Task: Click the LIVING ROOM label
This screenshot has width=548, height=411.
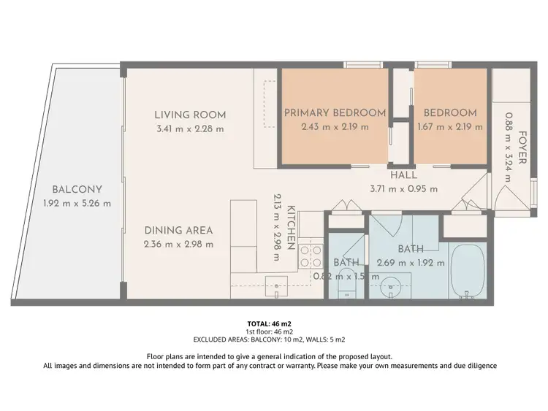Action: [190, 115]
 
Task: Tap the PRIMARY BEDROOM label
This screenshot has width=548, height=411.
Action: [335, 112]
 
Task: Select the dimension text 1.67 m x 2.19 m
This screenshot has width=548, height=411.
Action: [450, 126]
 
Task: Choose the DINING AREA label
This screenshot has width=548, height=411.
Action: [178, 230]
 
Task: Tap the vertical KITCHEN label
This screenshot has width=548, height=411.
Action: [290, 227]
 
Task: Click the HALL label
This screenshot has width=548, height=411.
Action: [403, 175]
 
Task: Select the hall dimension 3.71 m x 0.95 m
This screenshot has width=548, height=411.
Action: [403, 188]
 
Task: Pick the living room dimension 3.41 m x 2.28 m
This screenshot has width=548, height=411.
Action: [190, 128]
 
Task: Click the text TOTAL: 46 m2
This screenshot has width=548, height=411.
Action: [270, 323]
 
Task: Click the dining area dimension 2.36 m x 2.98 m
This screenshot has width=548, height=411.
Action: [178, 244]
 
